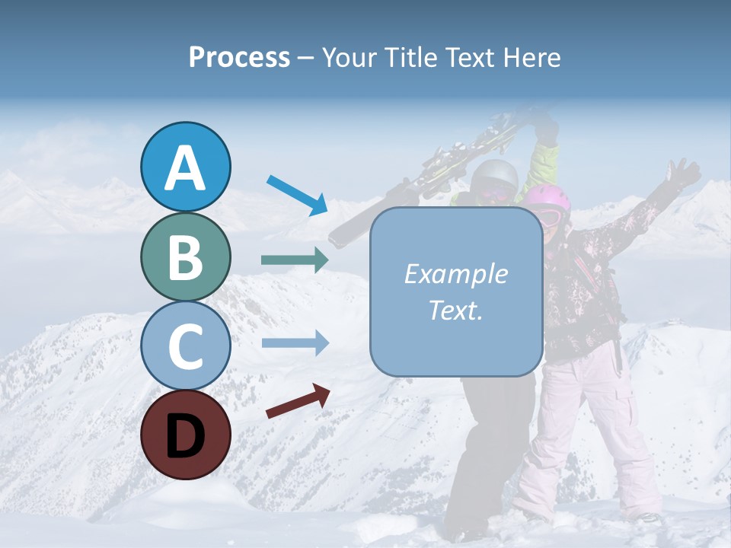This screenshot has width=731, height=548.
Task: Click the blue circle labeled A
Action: (x=186, y=167)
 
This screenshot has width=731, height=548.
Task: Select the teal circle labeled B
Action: (x=186, y=257)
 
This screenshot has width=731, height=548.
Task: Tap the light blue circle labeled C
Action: (x=186, y=346)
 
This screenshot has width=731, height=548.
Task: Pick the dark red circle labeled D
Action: (x=186, y=435)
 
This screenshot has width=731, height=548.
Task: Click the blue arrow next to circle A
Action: (x=298, y=195)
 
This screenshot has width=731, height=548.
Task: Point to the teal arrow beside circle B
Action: (x=295, y=260)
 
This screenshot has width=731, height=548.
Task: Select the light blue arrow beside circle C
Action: (x=295, y=343)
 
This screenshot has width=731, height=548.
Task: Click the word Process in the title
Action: (x=239, y=57)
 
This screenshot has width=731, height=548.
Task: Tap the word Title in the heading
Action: (x=406, y=57)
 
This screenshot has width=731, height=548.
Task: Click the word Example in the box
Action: (x=455, y=274)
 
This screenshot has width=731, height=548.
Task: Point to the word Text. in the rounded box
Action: (x=455, y=310)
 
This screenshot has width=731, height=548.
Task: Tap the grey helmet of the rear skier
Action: (x=493, y=177)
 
